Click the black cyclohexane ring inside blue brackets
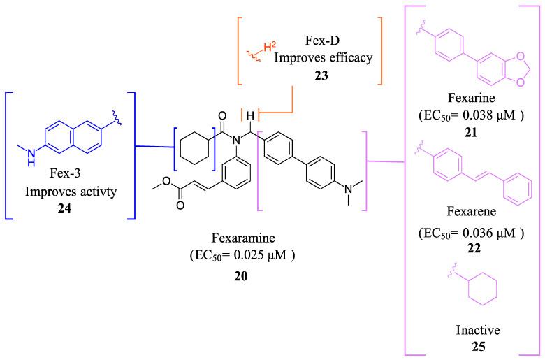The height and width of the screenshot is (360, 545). tap(196, 150)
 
